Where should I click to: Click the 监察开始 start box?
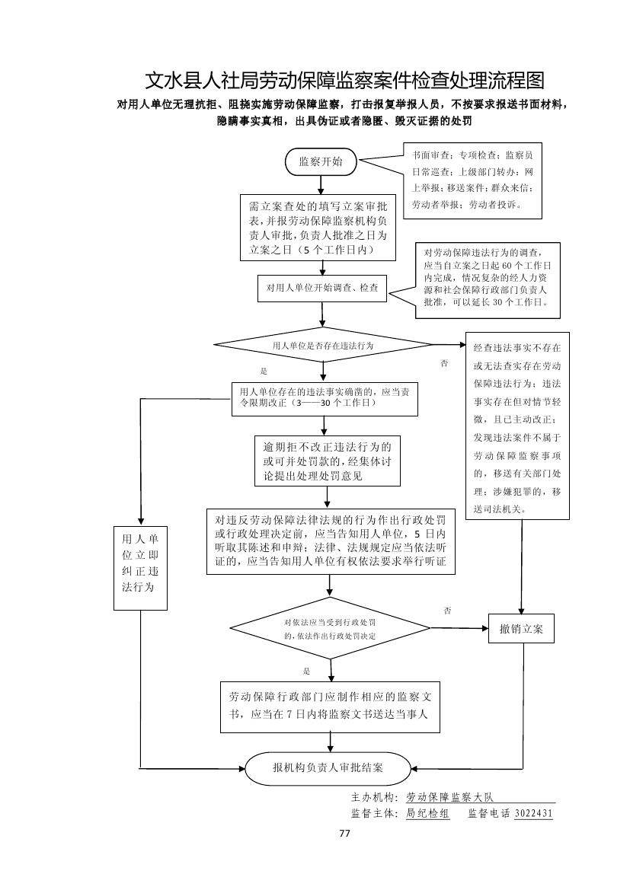pyautogui.click(x=321, y=161)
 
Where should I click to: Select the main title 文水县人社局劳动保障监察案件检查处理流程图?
pyautogui.click(x=345, y=81)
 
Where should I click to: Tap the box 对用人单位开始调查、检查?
pyautogui.click(x=321, y=289)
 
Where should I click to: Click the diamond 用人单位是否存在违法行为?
pyautogui.click(x=323, y=345)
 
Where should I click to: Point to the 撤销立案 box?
pyautogui.click(x=521, y=628)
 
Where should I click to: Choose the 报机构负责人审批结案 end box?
pyautogui.click(x=328, y=767)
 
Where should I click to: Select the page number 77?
pyautogui.click(x=344, y=833)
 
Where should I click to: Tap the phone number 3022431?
pyautogui.click(x=533, y=813)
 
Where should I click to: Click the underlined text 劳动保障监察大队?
pyautogui.click(x=450, y=797)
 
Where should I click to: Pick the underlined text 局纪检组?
pyautogui.click(x=427, y=813)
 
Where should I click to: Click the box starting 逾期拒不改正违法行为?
pyautogui.click(x=328, y=461)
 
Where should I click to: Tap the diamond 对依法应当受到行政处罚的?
pyautogui.click(x=330, y=628)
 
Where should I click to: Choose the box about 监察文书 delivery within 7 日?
pyautogui.click(x=329, y=706)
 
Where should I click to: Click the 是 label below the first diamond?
pyautogui.click(x=264, y=372)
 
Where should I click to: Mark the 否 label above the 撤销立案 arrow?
pyautogui.click(x=447, y=611)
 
